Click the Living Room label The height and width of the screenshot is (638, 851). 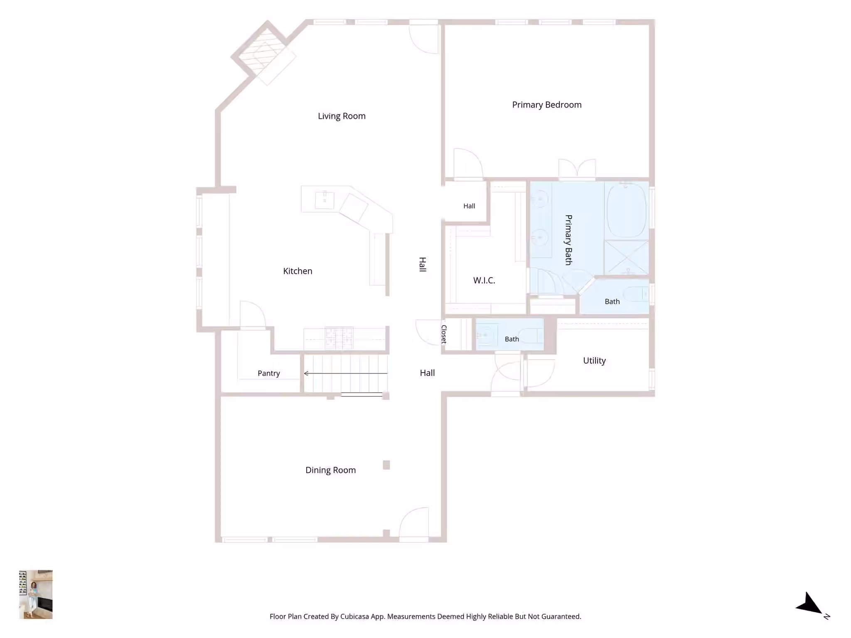[342, 116]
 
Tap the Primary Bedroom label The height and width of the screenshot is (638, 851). [547, 105]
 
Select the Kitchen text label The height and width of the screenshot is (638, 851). [298, 271]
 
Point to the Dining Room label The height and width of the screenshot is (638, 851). [331, 470]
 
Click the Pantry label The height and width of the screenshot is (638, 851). [269, 373]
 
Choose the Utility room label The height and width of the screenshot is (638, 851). [594, 361]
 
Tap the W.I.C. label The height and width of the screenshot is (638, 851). [484, 280]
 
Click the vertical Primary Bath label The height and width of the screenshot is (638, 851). [568, 240]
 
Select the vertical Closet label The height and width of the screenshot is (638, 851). [444, 334]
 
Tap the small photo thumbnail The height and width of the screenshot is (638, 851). [36, 594]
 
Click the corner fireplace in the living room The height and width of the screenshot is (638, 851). [263, 52]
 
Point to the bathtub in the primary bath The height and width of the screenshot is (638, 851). [627, 210]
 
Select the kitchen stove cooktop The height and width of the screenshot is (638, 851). [339, 338]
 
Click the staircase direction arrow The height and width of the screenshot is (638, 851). [346, 373]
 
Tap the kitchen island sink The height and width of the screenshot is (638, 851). [325, 200]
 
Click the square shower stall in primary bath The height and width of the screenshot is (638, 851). [626, 257]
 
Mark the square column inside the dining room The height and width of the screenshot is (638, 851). [386, 465]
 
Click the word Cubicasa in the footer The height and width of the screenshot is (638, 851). [354, 616]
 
